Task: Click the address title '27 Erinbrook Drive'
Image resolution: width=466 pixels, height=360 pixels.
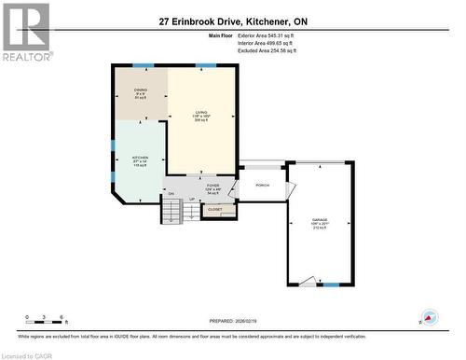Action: [233, 21]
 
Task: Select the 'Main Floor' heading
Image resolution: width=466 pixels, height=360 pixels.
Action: [223, 35]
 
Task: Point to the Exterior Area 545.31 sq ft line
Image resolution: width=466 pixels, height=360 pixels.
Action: [279, 35]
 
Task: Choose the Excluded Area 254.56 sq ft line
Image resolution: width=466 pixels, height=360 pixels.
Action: [279, 49]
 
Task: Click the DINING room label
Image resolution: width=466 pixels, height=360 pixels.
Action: [141, 91]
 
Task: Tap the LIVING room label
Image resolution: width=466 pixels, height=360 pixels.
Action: [200, 113]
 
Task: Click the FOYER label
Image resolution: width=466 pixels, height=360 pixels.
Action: [212, 187]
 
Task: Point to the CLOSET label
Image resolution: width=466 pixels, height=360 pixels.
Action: [215, 210]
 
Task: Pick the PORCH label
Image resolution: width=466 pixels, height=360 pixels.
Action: [262, 185]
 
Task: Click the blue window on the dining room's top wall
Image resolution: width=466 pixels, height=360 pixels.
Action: [142, 65]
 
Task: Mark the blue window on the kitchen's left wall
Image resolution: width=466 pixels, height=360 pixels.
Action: [113, 168]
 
